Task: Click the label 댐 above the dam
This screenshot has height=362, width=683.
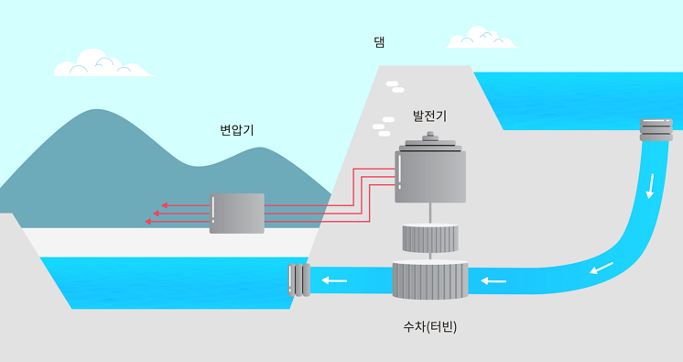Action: point(379,42)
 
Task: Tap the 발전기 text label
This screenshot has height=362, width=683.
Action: point(429,116)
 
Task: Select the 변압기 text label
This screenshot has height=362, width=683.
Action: point(236,130)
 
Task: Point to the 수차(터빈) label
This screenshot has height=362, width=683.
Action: point(429,326)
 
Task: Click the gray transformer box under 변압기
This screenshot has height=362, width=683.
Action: point(237,213)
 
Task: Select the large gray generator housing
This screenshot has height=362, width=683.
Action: point(430,176)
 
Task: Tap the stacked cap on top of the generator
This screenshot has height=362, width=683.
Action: point(429,143)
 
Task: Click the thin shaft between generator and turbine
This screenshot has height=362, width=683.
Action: point(429,213)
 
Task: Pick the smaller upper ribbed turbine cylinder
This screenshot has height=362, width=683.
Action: point(429,238)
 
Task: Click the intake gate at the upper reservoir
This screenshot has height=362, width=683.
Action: point(656,129)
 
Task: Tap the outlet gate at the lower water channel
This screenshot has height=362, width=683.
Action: point(298,280)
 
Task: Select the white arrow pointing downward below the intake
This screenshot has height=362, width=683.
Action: point(651,185)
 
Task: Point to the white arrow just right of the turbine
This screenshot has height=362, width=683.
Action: point(494,280)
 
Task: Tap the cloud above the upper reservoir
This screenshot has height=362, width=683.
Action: point(480,38)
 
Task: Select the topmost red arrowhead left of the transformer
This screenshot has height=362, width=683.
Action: point(165,205)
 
